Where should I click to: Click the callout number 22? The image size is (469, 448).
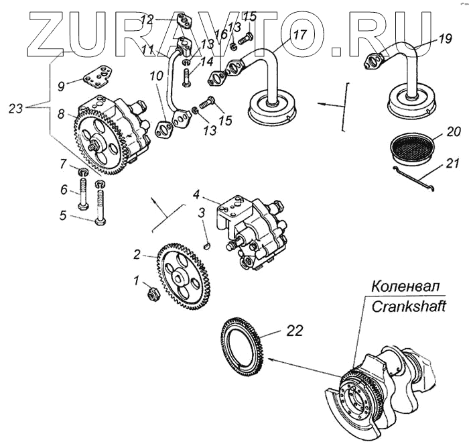[295, 331]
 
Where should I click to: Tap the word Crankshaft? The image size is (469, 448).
[409, 306]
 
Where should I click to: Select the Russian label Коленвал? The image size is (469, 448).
[405, 286]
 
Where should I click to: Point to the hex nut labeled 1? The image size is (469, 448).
[153, 293]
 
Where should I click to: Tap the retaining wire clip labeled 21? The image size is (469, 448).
[413, 178]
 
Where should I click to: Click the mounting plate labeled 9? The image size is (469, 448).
[98, 76]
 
